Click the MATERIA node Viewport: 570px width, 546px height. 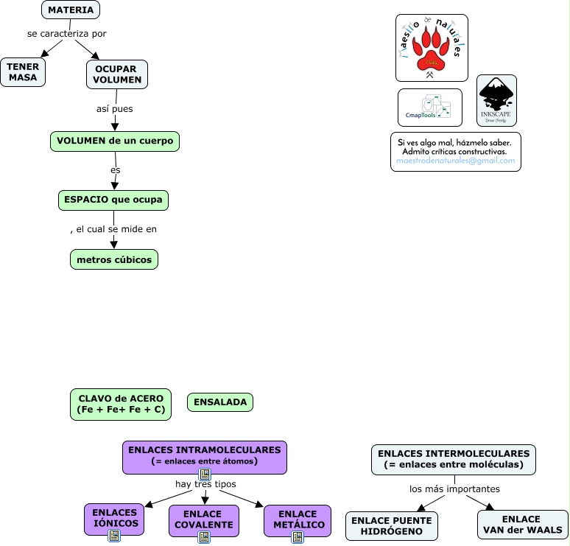tap(71, 10)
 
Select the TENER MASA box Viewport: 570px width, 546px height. tap(23, 72)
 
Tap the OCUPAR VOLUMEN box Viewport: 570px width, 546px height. tap(117, 74)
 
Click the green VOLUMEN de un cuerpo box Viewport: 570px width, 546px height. tap(115, 141)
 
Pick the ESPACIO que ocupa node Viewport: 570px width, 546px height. tap(113, 200)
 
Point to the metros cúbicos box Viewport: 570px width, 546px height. tap(114, 259)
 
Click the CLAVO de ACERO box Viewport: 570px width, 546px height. tap(121, 405)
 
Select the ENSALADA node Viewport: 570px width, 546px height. tap(220, 402)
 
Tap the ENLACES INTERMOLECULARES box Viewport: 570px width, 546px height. tap(454, 459)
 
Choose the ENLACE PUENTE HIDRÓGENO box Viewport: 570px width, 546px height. tap(392, 525)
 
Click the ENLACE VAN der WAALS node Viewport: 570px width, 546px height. tap(523, 525)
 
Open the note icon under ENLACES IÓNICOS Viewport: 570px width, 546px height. tap(114, 536)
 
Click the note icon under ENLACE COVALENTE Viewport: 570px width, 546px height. tap(204, 538)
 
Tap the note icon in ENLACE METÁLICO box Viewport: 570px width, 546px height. tap(297, 538)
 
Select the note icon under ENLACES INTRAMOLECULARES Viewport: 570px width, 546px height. tap(205, 474)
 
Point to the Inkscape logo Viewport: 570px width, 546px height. tap(496, 100)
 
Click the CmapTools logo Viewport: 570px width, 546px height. tap(430, 108)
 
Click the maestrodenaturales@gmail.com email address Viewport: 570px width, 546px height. tap(456, 161)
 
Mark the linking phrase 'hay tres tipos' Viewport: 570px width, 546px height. tap(205, 484)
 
